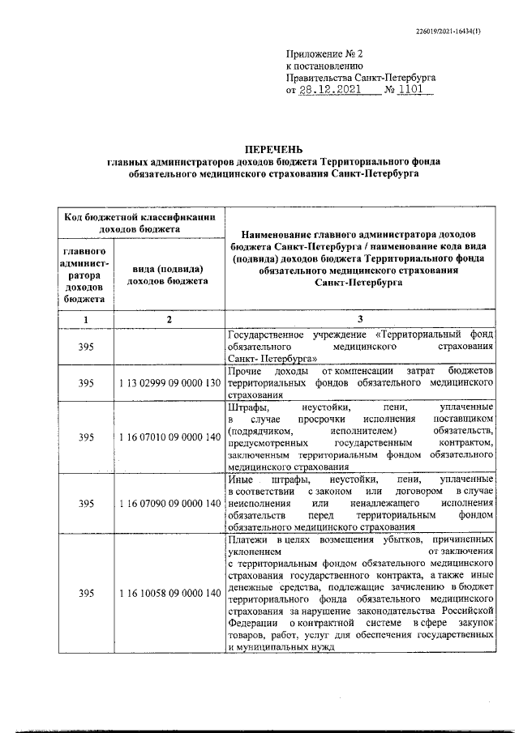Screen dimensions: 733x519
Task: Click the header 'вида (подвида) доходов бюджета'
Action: pos(169,275)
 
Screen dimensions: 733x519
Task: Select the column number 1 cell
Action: pos(85,319)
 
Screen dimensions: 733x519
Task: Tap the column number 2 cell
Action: pos(169,319)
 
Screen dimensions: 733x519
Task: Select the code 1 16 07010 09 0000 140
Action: pos(169,437)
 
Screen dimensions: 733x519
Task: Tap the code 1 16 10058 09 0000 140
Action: pos(169,594)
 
